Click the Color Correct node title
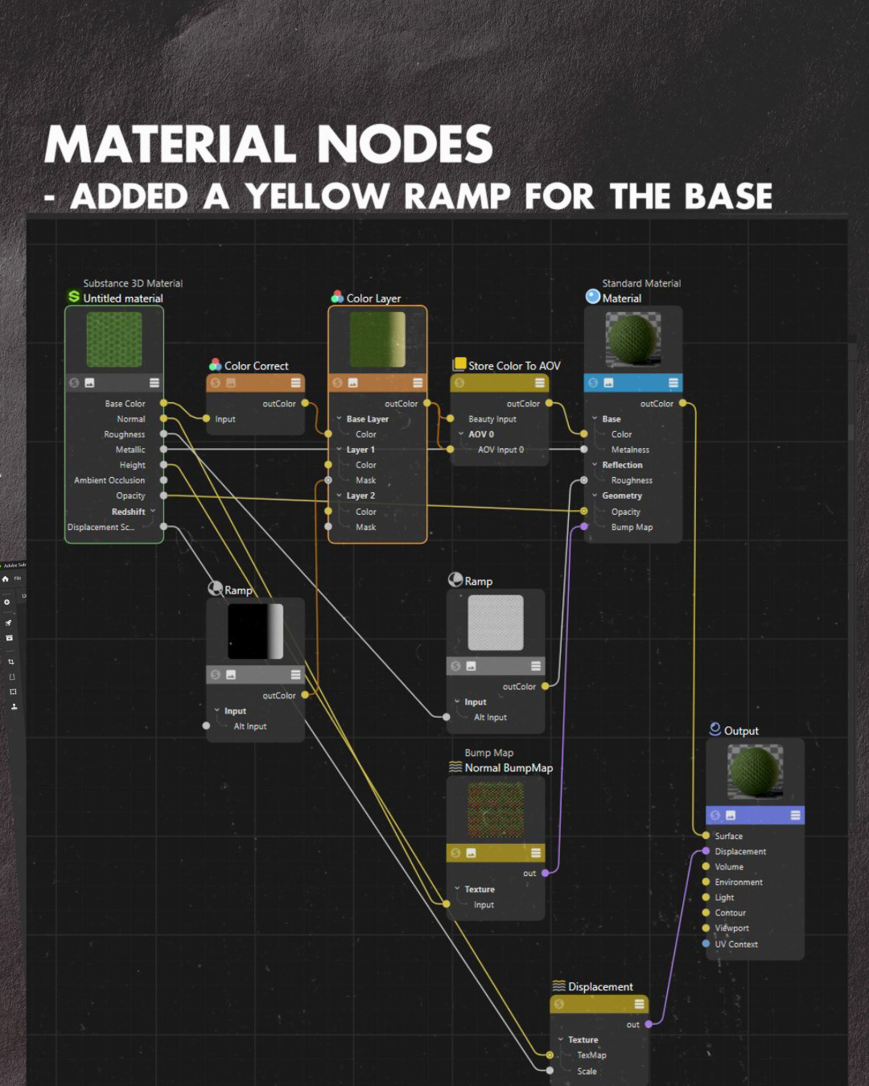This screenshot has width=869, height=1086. (256, 366)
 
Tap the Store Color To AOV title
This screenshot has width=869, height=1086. (514, 366)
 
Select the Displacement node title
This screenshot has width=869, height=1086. (600, 987)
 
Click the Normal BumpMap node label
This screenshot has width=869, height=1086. (509, 768)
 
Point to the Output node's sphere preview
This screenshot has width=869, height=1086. (755, 770)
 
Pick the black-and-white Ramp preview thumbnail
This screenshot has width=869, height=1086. (255, 631)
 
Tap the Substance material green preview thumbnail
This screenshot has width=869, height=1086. (114, 339)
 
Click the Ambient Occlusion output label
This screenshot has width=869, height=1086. (109, 480)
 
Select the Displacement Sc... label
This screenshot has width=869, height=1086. (101, 528)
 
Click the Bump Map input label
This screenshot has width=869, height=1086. (632, 528)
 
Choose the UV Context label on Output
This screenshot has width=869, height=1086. (736, 944)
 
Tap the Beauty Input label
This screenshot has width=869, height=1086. (492, 419)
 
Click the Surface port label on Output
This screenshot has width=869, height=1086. (728, 836)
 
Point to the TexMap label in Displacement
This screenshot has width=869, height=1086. (591, 1055)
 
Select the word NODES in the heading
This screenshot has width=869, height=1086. (405, 145)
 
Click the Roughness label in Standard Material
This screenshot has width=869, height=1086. (632, 480)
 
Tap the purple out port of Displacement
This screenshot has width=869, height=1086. (649, 1024)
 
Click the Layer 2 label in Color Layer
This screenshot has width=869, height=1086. (360, 496)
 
